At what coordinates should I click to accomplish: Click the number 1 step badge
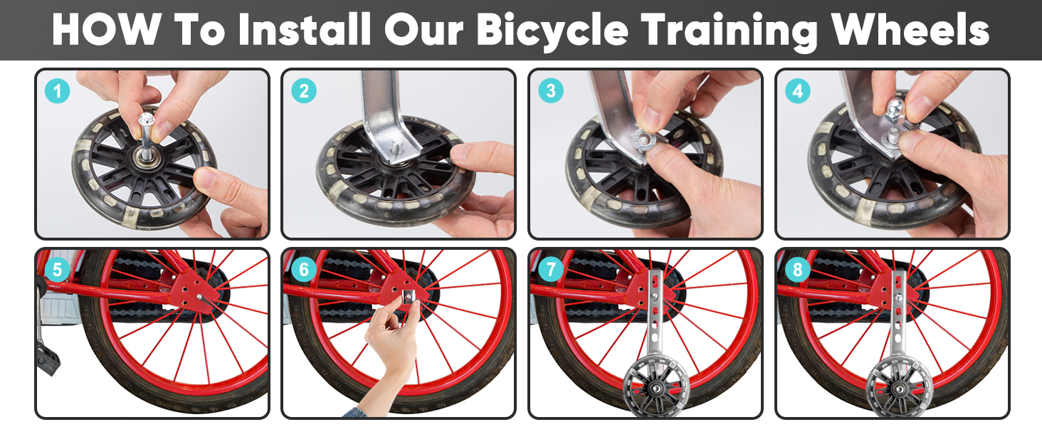pyautogui.click(x=57, y=90)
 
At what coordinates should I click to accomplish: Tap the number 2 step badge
pyautogui.click(x=304, y=90)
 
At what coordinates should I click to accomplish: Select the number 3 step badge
pyautogui.click(x=551, y=90)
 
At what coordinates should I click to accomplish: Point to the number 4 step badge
pyautogui.click(x=798, y=90)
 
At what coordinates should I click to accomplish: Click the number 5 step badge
pyautogui.click(x=57, y=269)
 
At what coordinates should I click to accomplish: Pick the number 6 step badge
pyautogui.click(x=304, y=269)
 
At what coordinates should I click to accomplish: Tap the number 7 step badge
pyautogui.click(x=551, y=269)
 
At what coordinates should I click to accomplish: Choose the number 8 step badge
pyautogui.click(x=798, y=269)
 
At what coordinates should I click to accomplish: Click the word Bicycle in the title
pyautogui.click(x=552, y=31)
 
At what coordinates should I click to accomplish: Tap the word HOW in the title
pyautogui.click(x=107, y=29)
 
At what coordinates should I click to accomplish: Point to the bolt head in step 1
pyautogui.click(x=146, y=119)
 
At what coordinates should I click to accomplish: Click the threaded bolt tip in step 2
pyautogui.click(x=396, y=147)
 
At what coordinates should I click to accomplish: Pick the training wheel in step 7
pyautogui.click(x=656, y=386)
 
